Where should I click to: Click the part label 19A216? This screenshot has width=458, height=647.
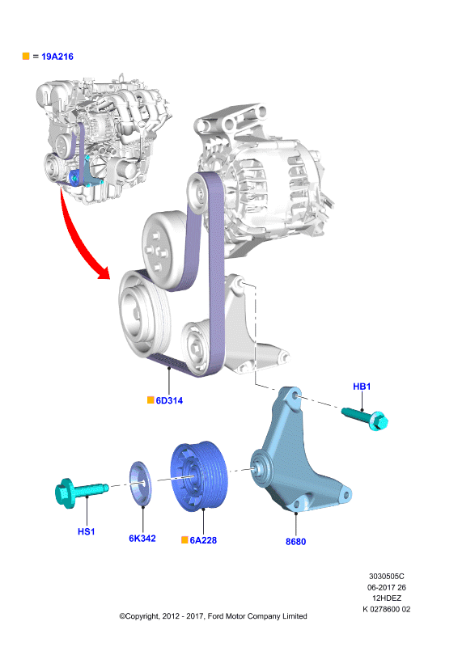tap(57, 57)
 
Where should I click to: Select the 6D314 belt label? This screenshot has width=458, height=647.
tap(169, 400)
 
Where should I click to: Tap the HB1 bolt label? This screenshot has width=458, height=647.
tap(362, 387)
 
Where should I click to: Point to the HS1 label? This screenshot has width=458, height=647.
tap(87, 531)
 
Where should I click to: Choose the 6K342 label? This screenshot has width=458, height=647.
tap(142, 538)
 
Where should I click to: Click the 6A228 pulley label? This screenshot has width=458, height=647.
tap(203, 540)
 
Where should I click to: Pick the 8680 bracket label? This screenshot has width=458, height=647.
tap(295, 541)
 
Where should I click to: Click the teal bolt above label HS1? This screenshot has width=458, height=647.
tap(82, 492)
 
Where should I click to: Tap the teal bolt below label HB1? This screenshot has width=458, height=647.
tap(365, 418)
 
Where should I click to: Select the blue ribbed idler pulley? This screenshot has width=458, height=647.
tap(199, 476)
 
